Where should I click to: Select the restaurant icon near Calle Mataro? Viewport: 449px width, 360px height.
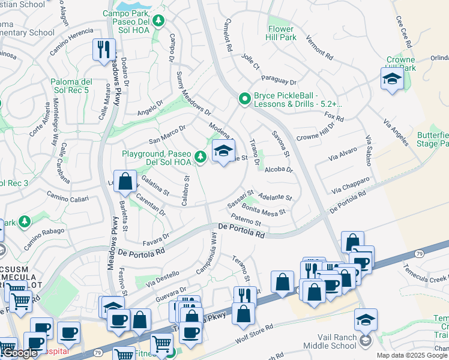click(x=104, y=49)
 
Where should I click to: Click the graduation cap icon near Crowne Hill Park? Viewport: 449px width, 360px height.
click(x=391, y=79)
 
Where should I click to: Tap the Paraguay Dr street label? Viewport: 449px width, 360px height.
click(x=279, y=80)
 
